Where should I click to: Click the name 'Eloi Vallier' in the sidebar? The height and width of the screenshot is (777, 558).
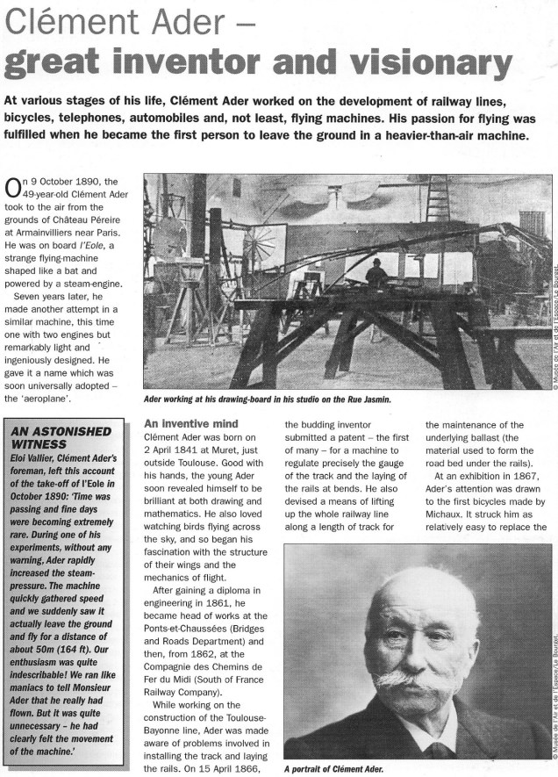click(34, 457)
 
